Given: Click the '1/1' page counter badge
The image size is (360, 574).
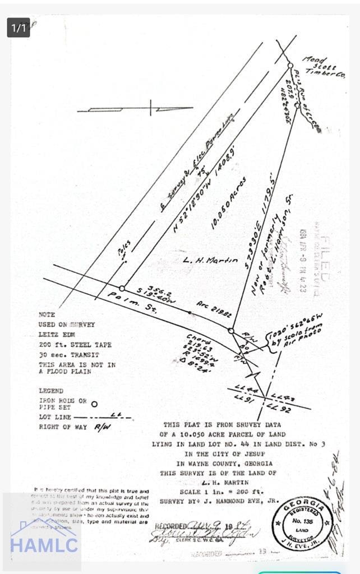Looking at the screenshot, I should (19, 27).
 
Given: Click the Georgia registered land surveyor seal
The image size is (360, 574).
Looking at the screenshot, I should (302, 523).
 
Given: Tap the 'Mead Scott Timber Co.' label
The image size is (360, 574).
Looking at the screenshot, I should (324, 66).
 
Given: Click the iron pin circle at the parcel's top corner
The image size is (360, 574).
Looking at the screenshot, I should (290, 66).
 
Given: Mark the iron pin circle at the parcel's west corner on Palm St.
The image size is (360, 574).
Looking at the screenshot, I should (122, 288).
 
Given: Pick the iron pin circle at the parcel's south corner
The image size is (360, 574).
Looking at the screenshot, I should (230, 331).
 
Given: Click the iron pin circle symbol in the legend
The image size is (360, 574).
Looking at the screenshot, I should (94, 404).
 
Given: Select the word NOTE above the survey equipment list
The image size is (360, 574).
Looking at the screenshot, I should (47, 315).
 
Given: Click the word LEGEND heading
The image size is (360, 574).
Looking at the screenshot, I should (51, 391).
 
